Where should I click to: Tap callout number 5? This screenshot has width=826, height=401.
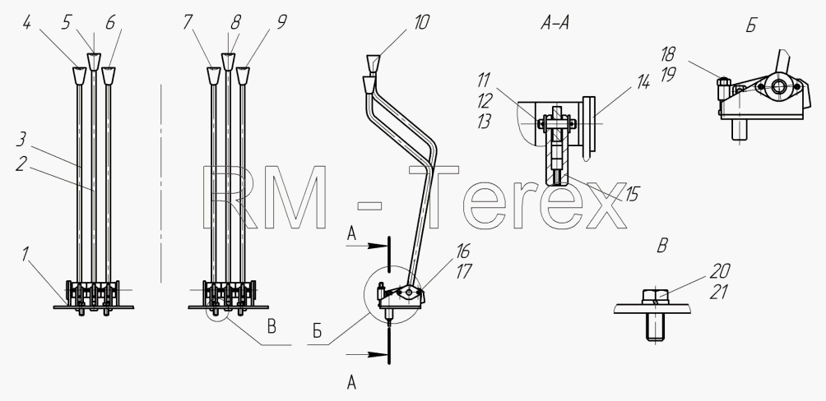click(x=67, y=24)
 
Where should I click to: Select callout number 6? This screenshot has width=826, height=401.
click(x=110, y=22)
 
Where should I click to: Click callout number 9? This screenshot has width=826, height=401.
click(x=282, y=22)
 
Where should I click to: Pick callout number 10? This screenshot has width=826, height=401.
click(x=422, y=22)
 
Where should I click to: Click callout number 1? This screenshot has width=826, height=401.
click(x=24, y=255)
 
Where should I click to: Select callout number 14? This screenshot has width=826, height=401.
click(x=643, y=81)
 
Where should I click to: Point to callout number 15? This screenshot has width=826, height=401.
click(x=631, y=194)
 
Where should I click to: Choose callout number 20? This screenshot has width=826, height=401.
click(x=720, y=271)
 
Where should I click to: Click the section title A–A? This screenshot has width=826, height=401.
click(x=555, y=24)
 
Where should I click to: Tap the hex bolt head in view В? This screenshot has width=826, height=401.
click(x=656, y=297)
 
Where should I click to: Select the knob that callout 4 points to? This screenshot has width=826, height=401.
click(x=79, y=76)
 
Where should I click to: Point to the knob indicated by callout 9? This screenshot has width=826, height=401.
click(x=243, y=76)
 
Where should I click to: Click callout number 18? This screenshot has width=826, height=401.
click(x=667, y=55)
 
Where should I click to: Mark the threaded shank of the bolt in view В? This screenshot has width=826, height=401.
click(x=655, y=327)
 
